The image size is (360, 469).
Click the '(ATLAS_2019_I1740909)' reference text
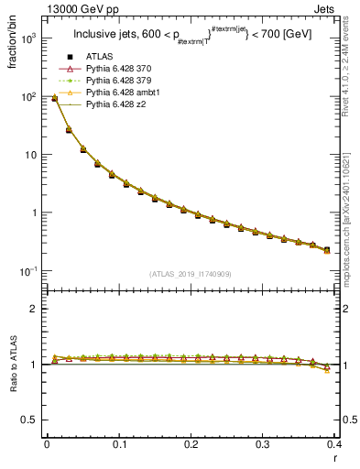coord(190,274)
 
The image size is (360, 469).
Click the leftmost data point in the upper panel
coord(54,98)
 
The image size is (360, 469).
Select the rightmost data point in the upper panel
coord(327,249)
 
